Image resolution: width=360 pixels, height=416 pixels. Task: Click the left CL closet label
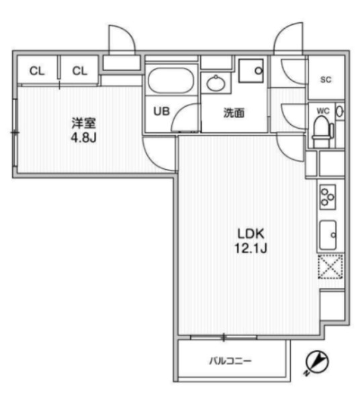pos(37,71)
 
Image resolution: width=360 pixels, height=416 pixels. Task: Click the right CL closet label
pos(80,71)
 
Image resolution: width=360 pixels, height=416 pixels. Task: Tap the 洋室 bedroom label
pos(84,123)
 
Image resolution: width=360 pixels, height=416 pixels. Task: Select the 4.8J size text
pos(83,138)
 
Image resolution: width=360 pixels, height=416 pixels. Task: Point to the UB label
pos(161,111)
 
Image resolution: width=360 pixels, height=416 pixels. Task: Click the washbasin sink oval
pos(216,84)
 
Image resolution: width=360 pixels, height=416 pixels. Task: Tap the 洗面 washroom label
pos(234,113)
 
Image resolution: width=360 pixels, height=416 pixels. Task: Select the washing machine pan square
pos(251,70)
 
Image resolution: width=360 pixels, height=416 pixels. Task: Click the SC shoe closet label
pos(326,79)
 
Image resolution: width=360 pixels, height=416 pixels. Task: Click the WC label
pos(323,111)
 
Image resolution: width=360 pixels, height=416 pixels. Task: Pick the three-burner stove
pos(328,197)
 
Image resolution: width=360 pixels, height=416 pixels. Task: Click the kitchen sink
pos(328,235)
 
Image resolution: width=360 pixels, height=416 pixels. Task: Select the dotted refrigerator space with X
pos(330,266)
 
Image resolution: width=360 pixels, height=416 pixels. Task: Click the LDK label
pos(251,234)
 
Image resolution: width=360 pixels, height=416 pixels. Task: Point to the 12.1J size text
pos(251,248)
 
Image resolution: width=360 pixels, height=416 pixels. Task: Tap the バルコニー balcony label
pos(230,361)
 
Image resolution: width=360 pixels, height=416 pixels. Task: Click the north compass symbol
pos(316,363)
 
